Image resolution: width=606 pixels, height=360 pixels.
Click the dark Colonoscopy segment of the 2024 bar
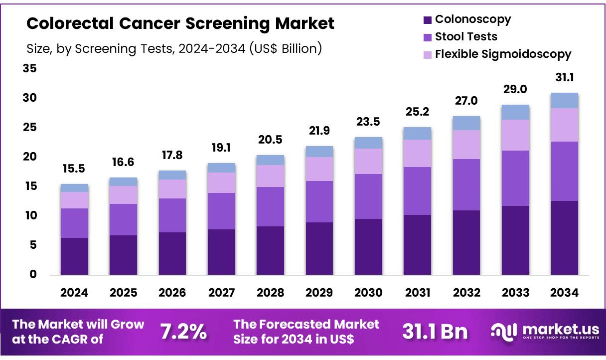pyautogui.click(x=74, y=256)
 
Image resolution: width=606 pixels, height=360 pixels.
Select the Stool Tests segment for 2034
pyautogui.click(x=564, y=171)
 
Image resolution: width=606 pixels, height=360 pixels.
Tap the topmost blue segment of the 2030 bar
pyautogui.click(x=368, y=143)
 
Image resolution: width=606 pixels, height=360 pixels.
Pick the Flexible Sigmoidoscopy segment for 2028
pyautogui.click(x=270, y=176)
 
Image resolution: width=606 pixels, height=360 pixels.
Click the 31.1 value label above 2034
pyautogui.click(x=564, y=78)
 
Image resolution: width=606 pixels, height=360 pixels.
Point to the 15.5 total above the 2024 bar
pyautogui.click(x=74, y=169)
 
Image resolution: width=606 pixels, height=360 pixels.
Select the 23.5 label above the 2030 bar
pyautogui.click(x=368, y=122)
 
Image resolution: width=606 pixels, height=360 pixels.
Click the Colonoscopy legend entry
pyautogui.click(x=472, y=19)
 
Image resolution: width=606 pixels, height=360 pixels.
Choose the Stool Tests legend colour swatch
pyautogui.click(x=427, y=37)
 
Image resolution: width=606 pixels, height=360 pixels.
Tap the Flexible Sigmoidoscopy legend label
pyautogui.click(x=503, y=54)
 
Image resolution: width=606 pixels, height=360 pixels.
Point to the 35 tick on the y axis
pyautogui.click(x=29, y=68)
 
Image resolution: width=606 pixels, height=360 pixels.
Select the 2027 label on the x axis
pyautogui.click(x=221, y=293)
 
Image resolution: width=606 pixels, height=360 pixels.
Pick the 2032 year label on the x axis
pyautogui.click(x=466, y=293)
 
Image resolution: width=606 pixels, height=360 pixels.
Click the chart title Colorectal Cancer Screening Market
pyautogui.click(x=180, y=23)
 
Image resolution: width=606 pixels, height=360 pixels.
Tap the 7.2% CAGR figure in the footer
pyautogui.click(x=183, y=332)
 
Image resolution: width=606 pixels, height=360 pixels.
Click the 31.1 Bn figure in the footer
pyautogui.click(x=435, y=332)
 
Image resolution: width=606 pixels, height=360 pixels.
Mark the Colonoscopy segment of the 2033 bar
pyautogui.click(x=515, y=240)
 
